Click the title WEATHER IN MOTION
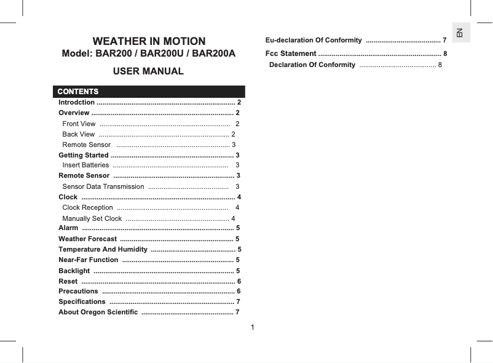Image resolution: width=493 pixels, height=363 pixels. [x=149, y=41]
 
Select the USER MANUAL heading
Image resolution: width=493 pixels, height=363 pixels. [x=149, y=71]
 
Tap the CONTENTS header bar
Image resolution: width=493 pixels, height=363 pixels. [x=149, y=92]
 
